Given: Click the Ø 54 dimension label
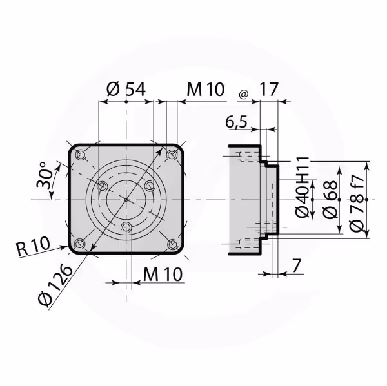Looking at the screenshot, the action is tap(126, 89).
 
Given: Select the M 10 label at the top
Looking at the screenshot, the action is tap(206, 89).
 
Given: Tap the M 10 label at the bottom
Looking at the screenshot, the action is tap(163, 274).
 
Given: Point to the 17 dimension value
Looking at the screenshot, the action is tap(269, 89).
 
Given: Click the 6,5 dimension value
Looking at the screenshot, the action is tap(236, 122).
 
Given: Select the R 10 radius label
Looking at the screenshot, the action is tap(34, 246).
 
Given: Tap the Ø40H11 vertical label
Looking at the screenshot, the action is tap(303, 188).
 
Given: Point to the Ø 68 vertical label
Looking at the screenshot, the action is tap(330, 200).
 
